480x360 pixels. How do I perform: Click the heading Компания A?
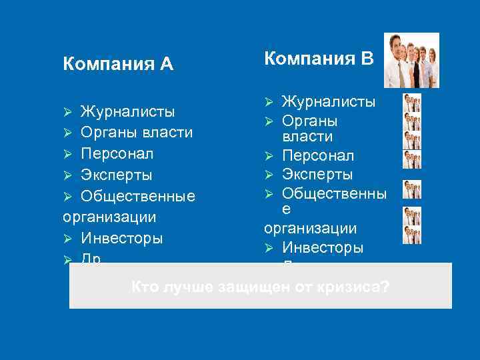(x=118, y=64)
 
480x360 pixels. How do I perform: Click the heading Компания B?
(x=319, y=59)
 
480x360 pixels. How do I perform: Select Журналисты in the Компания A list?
(x=127, y=111)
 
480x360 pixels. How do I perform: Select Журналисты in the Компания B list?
(x=329, y=102)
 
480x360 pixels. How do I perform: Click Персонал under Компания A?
(x=117, y=153)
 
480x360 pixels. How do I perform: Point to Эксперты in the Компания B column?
(x=317, y=175)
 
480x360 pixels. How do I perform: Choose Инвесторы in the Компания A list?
(x=121, y=238)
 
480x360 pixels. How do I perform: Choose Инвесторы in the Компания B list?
(x=323, y=248)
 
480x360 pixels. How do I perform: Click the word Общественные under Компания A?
(x=138, y=197)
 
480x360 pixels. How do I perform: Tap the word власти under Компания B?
(x=308, y=137)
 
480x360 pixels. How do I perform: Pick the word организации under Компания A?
(x=109, y=217)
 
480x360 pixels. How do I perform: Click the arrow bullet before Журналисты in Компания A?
(x=67, y=111)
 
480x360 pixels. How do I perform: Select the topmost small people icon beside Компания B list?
(x=412, y=103)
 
